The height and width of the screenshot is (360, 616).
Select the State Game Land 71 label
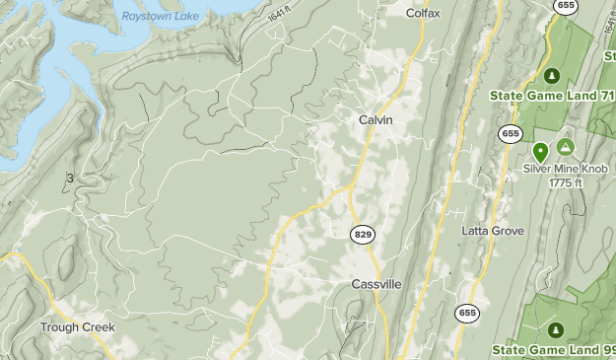pyautogui.click(x=551, y=96)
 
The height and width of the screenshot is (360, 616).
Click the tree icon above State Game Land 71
pyautogui.click(x=552, y=75)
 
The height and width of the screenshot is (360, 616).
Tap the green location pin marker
pyautogui.click(x=540, y=152)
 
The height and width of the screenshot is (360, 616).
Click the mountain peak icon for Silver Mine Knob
pyautogui.click(x=566, y=147)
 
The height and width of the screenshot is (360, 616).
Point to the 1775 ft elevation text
pyautogui.click(x=569, y=182)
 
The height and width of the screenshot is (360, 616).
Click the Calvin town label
pyautogui.click(x=376, y=119)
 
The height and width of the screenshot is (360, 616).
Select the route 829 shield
pyautogui.click(x=362, y=234)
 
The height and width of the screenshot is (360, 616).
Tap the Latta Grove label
pyautogui.click(x=493, y=231)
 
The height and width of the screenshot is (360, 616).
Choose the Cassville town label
pyautogui.click(x=376, y=284)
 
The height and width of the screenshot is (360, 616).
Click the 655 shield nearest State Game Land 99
pyautogui.click(x=467, y=313)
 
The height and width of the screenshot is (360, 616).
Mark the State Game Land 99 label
pyautogui.click(x=552, y=349)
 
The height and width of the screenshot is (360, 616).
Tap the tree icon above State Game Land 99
pyautogui.click(x=554, y=329)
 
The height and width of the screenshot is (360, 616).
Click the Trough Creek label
pyautogui.click(x=78, y=326)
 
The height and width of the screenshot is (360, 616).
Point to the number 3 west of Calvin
pyautogui.click(x=70, y=179)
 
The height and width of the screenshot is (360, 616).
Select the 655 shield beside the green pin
pyautogui.click(x=510, y=133)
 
